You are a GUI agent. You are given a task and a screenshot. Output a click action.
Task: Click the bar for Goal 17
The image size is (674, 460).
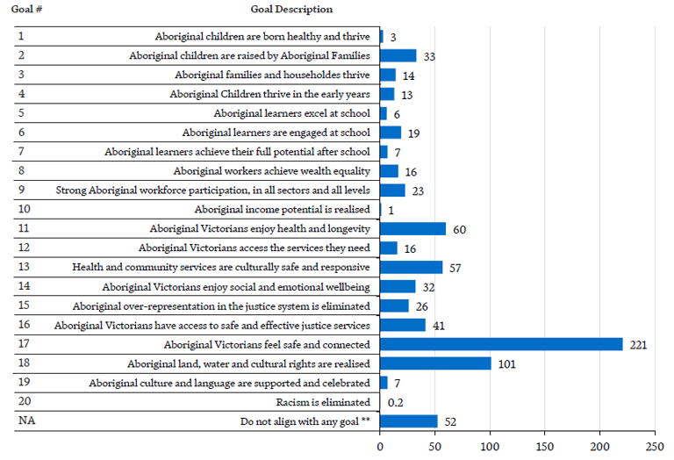501,344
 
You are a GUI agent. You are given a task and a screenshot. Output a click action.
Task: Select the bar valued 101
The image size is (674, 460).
435,363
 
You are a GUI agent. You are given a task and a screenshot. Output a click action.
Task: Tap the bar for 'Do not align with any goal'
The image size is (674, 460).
408,421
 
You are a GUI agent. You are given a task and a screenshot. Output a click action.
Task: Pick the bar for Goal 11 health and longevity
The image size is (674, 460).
412,229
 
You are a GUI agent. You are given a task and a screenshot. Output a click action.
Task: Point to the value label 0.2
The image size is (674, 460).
396,403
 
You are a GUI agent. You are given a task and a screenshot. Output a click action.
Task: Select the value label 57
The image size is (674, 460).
455,268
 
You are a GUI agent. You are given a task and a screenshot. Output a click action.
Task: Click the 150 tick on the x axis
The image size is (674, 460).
545,446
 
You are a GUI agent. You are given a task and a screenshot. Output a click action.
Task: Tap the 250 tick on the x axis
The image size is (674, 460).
655,446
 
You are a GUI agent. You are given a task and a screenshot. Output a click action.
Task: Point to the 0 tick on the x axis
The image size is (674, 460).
380,446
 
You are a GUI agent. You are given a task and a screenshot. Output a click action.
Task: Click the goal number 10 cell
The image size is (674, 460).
24,209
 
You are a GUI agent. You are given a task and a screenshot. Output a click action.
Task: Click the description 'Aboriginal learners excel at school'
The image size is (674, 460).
291,113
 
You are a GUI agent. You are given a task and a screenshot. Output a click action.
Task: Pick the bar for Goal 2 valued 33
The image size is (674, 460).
398,55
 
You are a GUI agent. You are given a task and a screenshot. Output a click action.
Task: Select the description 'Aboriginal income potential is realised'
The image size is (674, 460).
282,210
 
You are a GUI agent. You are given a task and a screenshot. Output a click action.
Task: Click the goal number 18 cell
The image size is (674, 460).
24,363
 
